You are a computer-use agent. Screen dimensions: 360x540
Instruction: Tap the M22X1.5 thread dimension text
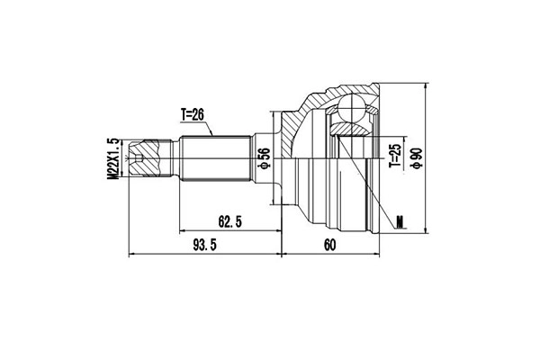[x=113, y=160]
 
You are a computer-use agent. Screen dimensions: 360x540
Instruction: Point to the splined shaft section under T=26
[x=214, y=160]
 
